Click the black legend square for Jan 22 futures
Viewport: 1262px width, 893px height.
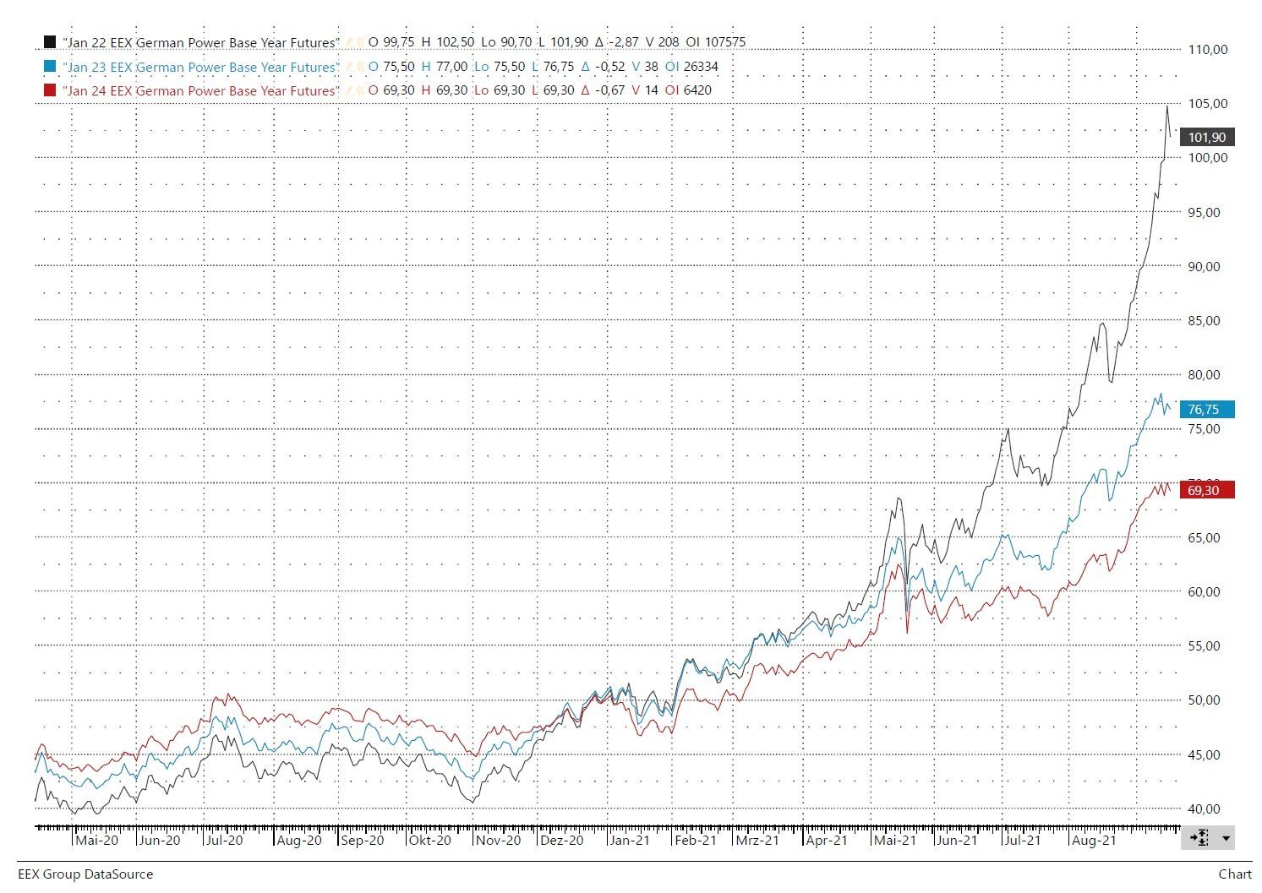coord(49,42)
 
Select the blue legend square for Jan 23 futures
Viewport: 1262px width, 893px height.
coord(49,67)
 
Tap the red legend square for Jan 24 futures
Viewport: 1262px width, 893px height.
coord(49,90)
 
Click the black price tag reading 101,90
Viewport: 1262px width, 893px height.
coord(1206,138)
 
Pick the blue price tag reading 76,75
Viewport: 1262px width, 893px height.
coord(1206,410)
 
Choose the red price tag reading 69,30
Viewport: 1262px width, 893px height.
coord(1206,490)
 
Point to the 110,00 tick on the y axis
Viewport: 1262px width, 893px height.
coord(1207,50)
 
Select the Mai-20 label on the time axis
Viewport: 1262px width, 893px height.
coord(96,841)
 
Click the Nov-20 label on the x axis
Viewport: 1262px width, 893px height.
coord(498,841)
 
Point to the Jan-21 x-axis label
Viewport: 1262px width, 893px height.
coord(630,841)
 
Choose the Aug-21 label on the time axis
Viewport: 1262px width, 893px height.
coord(1093,841)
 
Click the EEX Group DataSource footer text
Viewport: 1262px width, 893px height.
coord(85,874)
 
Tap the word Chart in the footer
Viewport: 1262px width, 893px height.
coord(1235,874)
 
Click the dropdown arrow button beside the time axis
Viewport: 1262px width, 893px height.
coord(1225,838)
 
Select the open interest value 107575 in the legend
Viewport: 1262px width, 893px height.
coord(723,42)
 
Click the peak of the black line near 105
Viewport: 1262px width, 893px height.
coord(1167,106)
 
